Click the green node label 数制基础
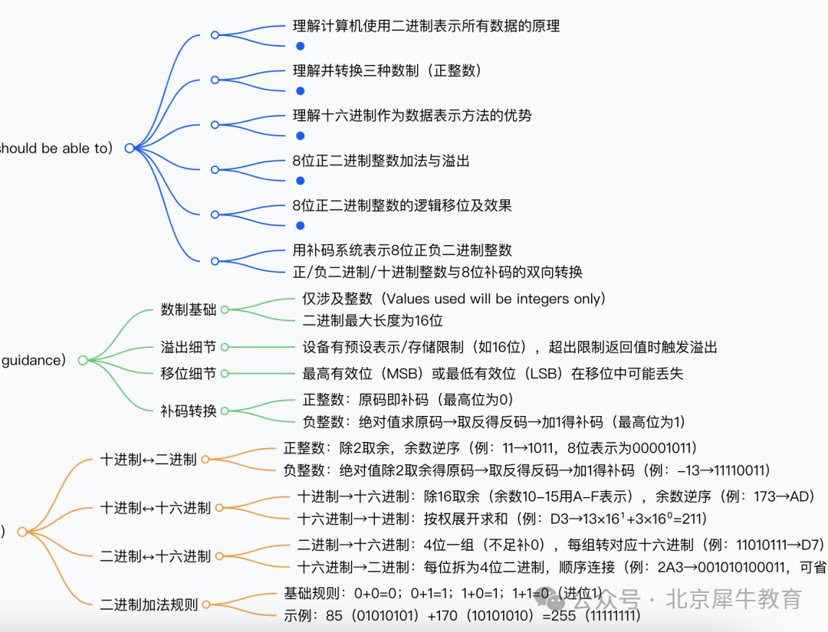(x=188, y=309)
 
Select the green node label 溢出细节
(x=188, y=347)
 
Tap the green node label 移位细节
(x=188, y=373)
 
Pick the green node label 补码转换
(x=188, y=411)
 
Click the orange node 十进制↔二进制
(x=148, y=460)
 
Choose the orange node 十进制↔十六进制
(x=155, y=508)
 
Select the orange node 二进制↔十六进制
(x=155, y=556)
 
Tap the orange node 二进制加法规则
(x=149, y=604)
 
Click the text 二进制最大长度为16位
(x=373, y=320)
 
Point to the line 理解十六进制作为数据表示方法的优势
(x=412, y=116)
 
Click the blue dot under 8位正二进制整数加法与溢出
(x=301, y=181)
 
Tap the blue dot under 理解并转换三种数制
(x=301, y=90)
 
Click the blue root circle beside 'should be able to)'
(x=129, y=149)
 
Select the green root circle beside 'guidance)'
(x=83, y=360)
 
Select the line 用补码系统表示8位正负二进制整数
(x=402, y=251)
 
